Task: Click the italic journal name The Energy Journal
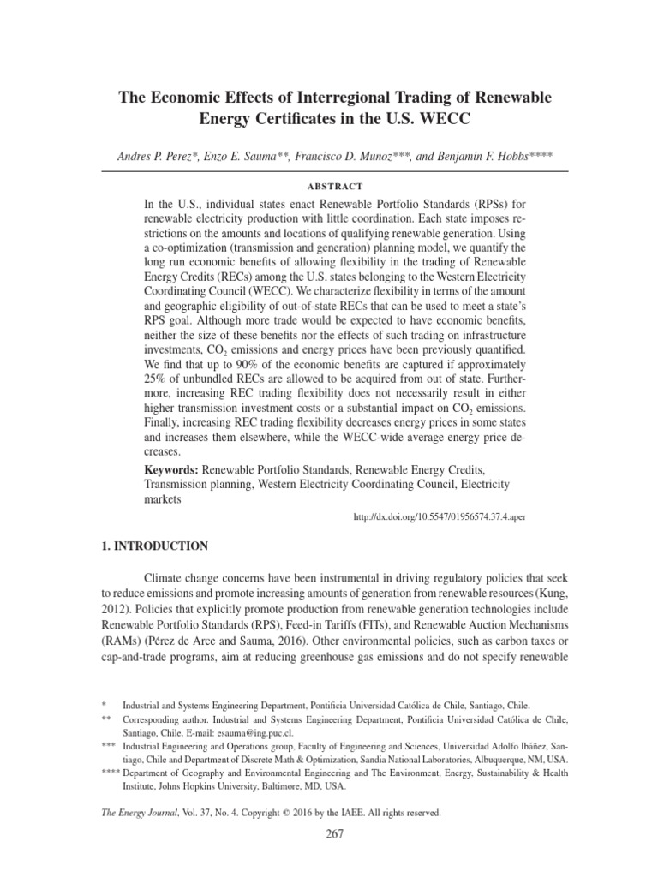point(141,812)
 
